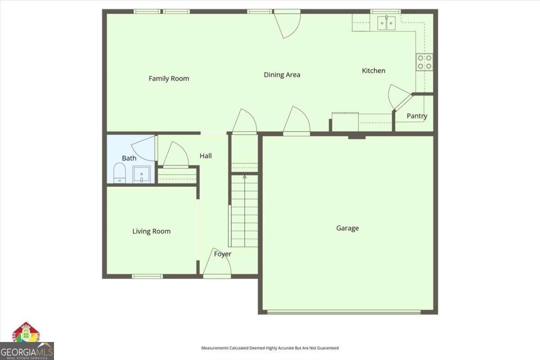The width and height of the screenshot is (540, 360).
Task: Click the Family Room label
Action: click(169, 79)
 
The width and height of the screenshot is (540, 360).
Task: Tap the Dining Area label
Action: click(282, 75)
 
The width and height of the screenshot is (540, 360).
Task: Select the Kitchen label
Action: click(373, 71)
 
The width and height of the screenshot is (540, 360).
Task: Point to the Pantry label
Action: click(417, 116)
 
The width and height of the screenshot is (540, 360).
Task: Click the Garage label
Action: click(347, 228)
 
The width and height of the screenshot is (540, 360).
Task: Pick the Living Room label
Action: click(151, 231)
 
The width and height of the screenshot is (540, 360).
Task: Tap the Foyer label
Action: click(223, 254)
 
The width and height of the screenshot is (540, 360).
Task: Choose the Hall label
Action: click(206, 156)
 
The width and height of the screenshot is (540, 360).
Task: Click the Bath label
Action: click(129, 158)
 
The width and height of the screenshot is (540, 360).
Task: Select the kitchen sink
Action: click(386, 22)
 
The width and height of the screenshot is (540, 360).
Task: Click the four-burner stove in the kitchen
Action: click(424, 62)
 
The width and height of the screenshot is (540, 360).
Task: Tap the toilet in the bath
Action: click(119, 173)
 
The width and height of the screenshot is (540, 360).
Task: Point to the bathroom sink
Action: click(141, 174)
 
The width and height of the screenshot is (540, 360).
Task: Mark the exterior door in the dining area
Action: click(288, 22)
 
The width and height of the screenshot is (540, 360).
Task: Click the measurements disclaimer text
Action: click(270, 348)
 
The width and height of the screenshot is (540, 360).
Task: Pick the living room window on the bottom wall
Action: click(147, 276)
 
